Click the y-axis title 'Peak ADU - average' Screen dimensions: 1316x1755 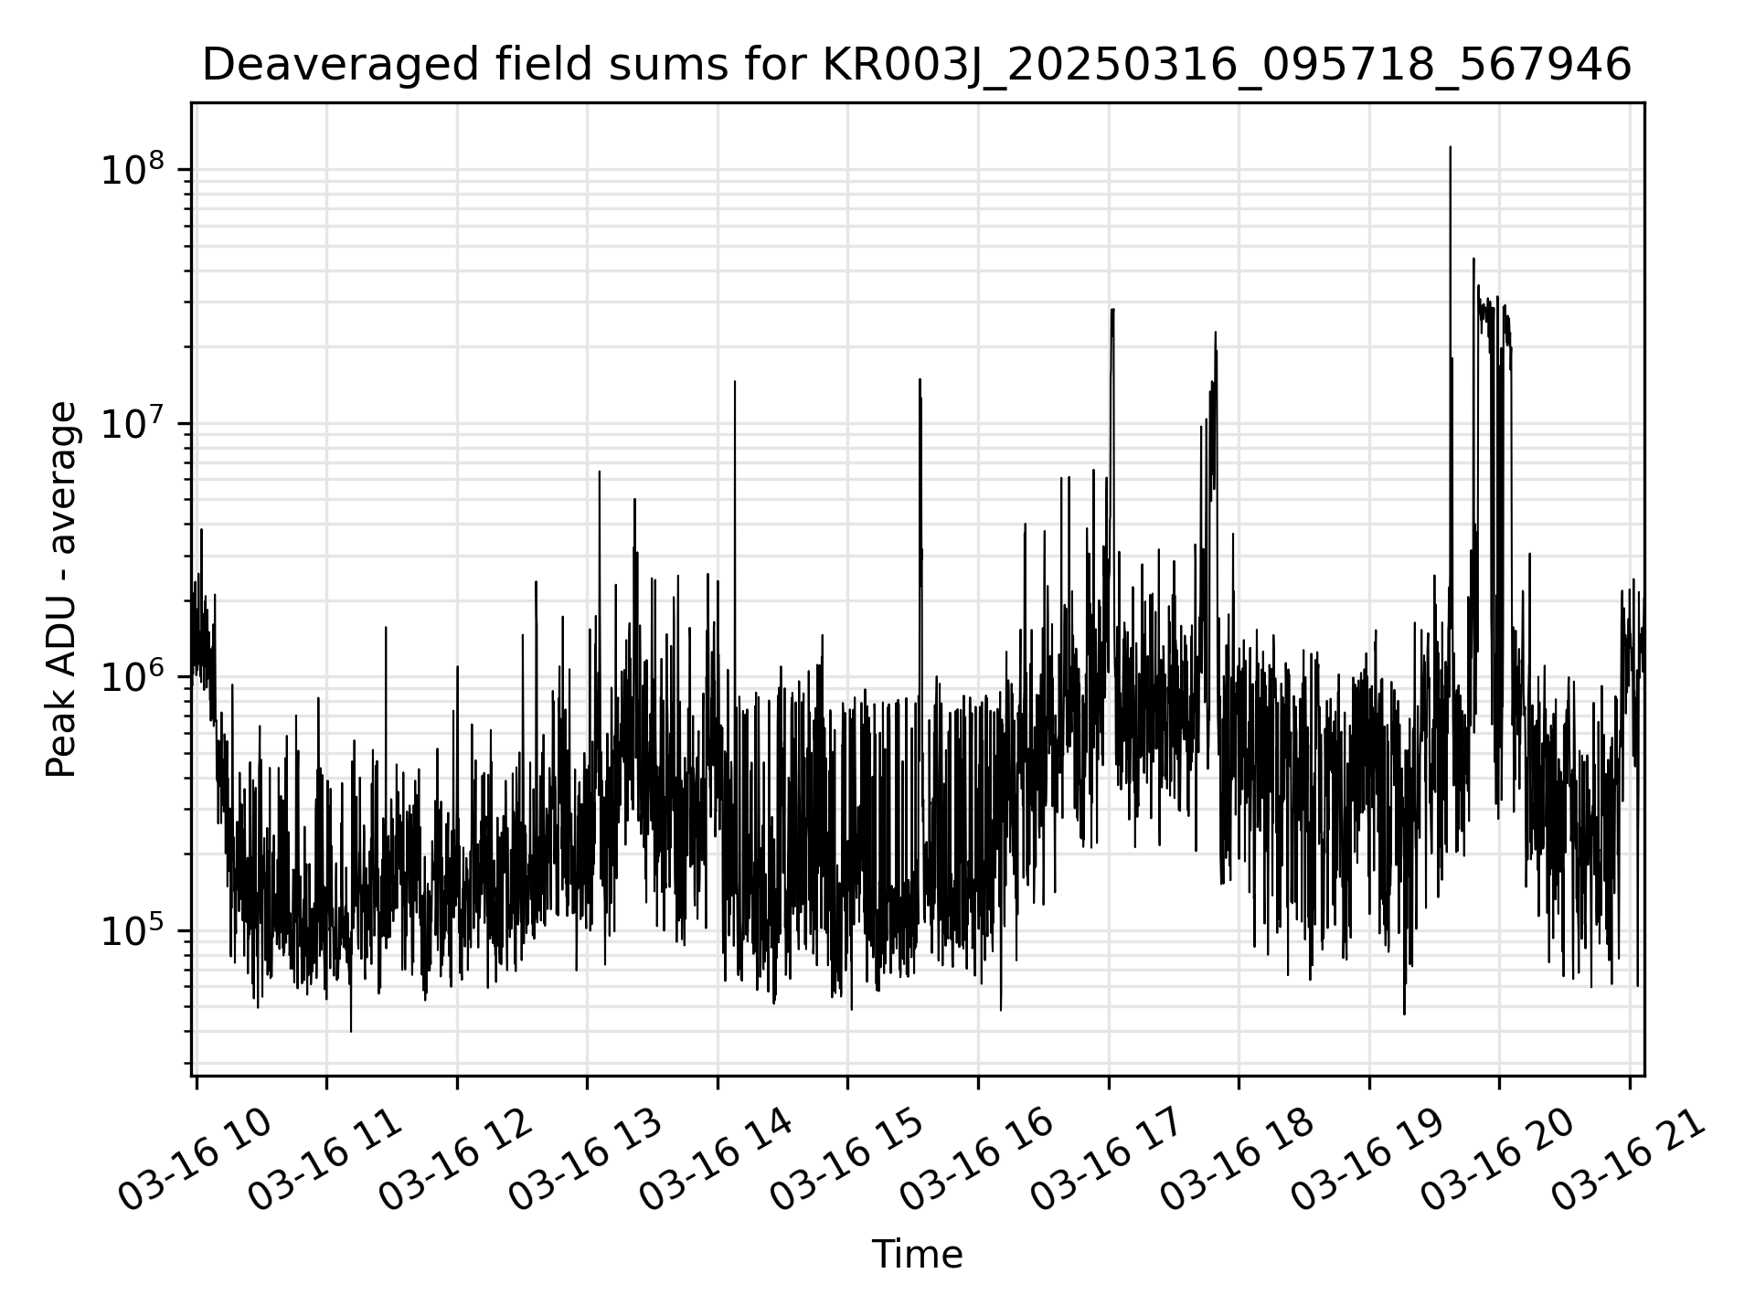(x=62, y=589)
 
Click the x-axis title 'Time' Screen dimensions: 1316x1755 (x=917, y=1255)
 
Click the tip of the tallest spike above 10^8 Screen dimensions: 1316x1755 (x=1450, y=147)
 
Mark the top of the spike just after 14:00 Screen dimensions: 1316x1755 (x=735, y=382)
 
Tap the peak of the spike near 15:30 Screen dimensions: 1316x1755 (x=920, y=379)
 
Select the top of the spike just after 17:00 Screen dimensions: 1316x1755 (x=1112, y=310)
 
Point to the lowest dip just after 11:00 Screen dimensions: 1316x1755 (x=351, y=1031)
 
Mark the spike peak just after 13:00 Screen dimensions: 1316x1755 (x=600, y=472)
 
